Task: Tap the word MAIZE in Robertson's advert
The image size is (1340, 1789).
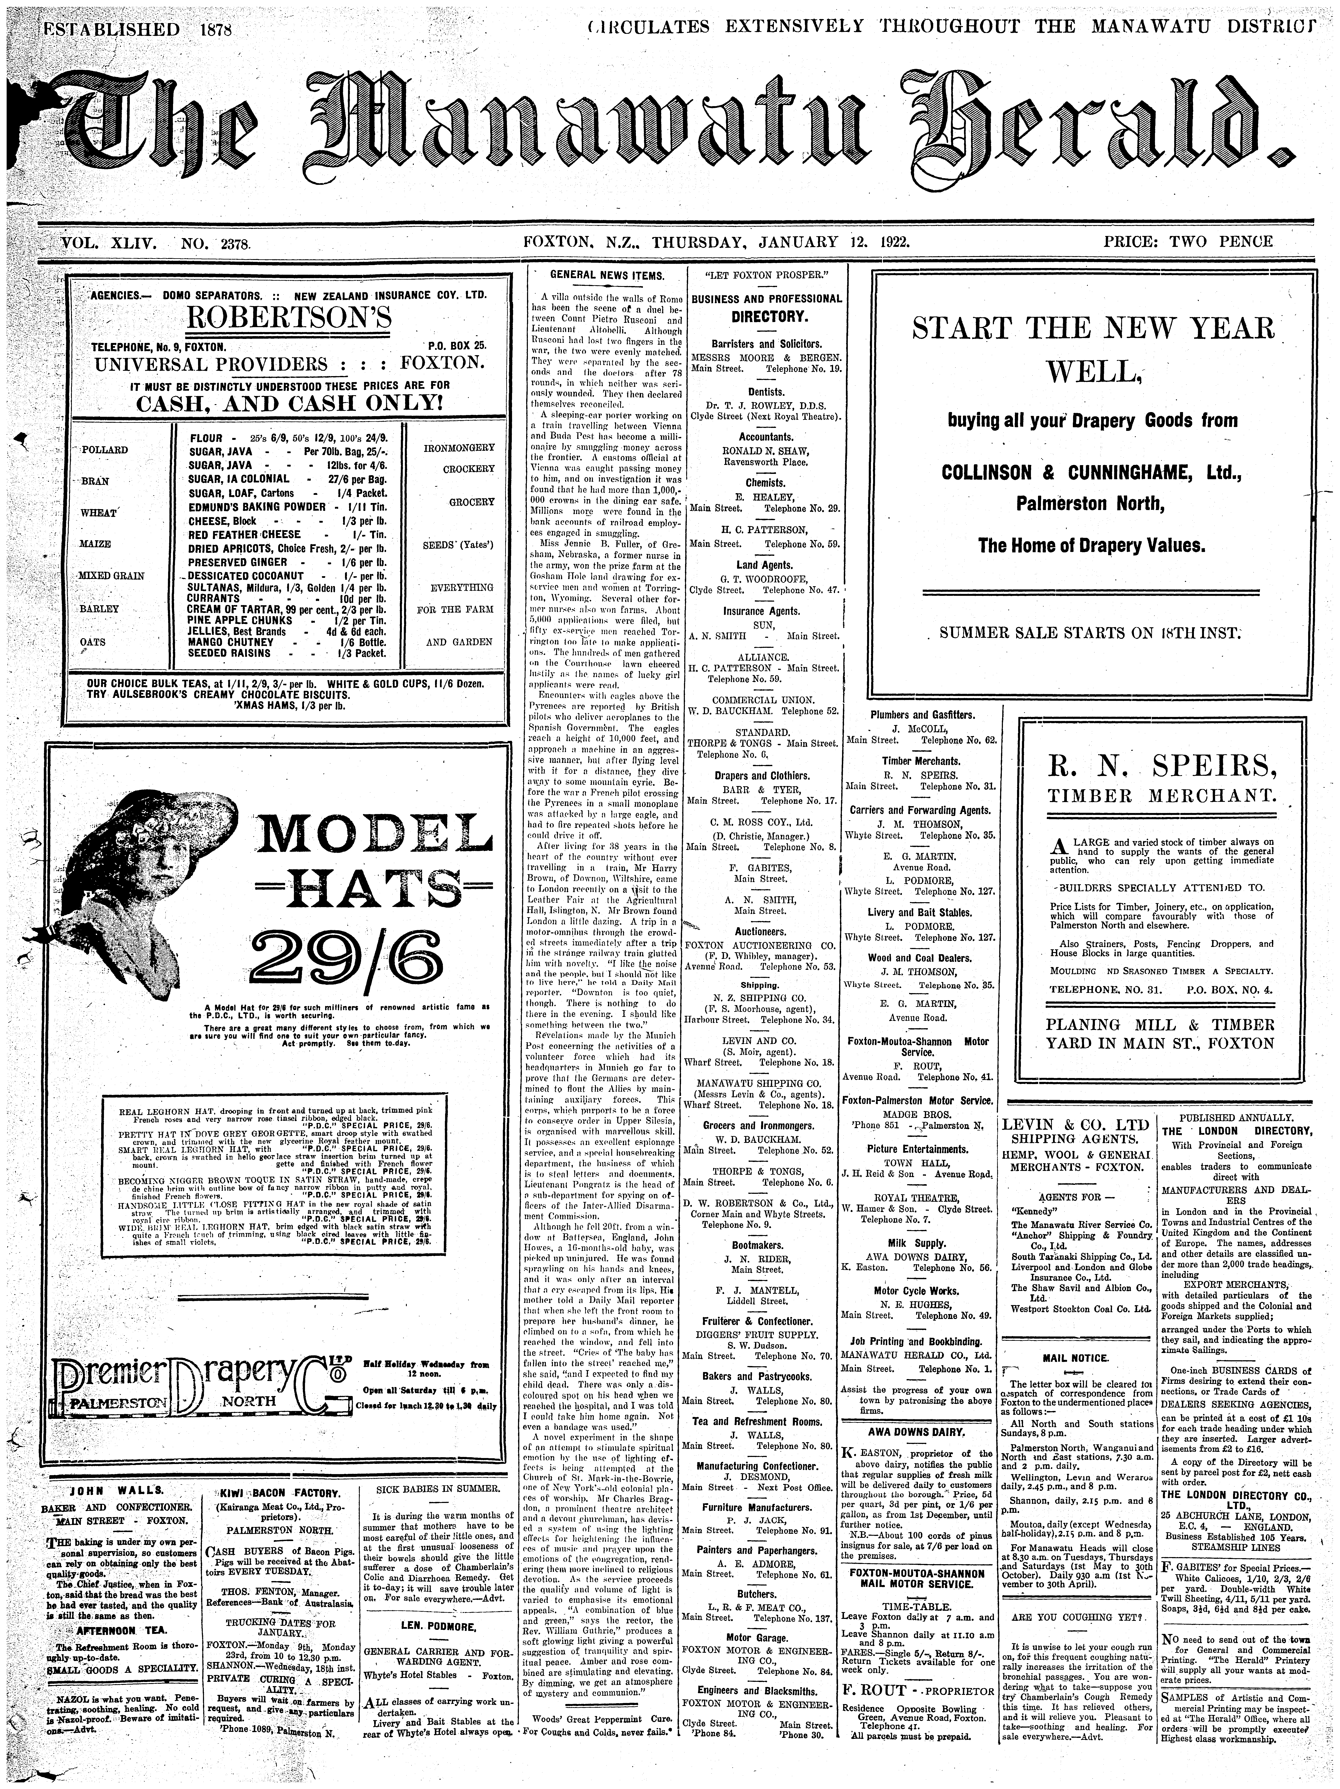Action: pyautogui.click(x=95, y=544)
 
